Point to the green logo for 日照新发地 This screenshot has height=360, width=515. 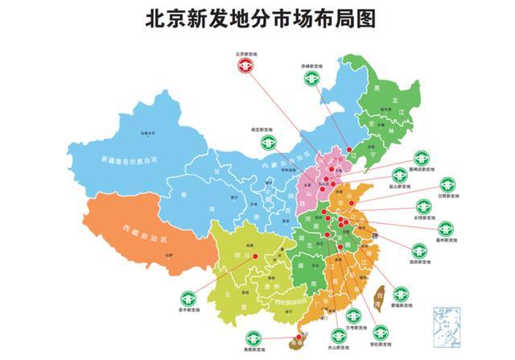443,182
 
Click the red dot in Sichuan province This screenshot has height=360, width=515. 255,255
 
